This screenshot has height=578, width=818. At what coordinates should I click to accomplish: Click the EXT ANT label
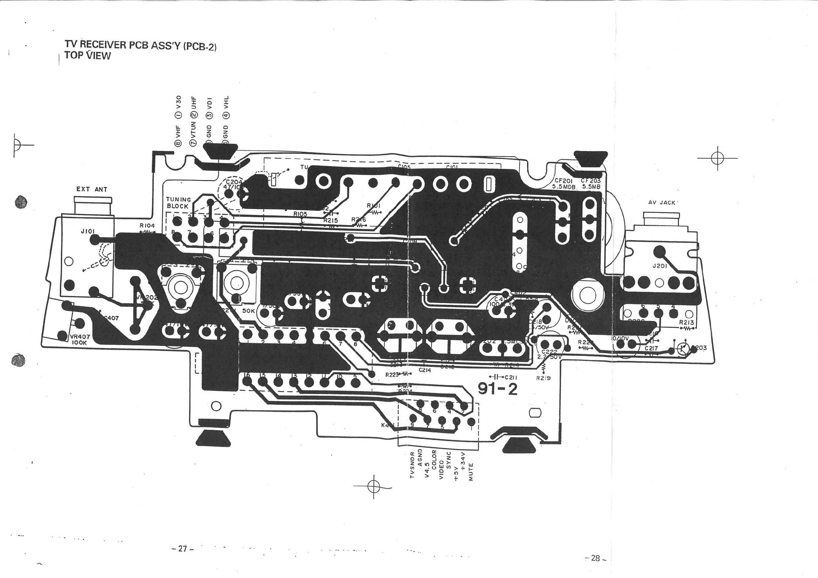tap(92, 189)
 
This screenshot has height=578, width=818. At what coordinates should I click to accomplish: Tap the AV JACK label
tap(662, 203)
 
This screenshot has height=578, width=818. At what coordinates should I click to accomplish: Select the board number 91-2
tap(497, 389)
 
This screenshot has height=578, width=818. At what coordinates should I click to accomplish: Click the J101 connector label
tap(88, 232)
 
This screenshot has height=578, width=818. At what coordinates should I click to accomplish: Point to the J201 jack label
tap(660, 266)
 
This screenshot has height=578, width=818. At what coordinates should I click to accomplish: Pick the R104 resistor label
tap(147, 226)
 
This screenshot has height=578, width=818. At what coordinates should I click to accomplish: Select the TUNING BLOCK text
tap(178, 203)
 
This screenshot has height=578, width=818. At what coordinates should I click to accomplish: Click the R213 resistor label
tap(686, 322)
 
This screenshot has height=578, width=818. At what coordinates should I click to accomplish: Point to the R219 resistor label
tap(543, 378)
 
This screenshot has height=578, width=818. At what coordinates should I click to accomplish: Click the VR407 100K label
tap(80, 339)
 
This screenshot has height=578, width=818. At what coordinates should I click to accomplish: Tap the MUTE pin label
tap(471, 472)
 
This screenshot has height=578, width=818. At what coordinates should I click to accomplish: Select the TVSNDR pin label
tap(412, 465)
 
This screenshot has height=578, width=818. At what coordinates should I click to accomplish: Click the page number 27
tap(182, 548)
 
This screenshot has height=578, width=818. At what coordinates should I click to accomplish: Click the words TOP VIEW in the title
tap(88, 56)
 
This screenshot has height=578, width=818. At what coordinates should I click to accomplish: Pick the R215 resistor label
tap(330, 221)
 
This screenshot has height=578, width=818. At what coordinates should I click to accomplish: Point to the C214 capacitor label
tap(425, 370)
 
